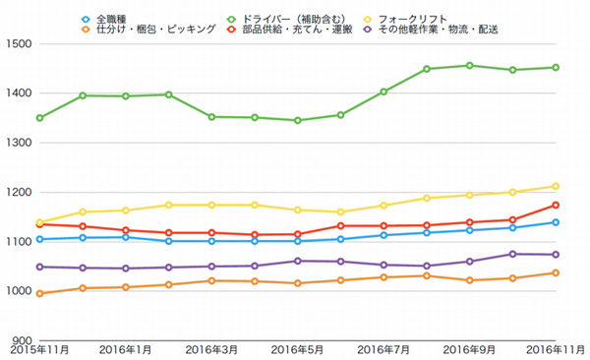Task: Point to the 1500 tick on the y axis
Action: coord(19,44)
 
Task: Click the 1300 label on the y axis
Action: coord(19,143)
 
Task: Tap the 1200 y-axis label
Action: coord(19,192)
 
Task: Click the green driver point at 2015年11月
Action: coord(39,118)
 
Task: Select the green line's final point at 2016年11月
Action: coord(556,68)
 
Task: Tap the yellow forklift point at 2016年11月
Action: coord(556,186)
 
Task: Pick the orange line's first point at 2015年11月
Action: coord(39,293)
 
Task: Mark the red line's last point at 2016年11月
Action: coord(556,205)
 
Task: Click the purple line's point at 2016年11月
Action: coord(556,255)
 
